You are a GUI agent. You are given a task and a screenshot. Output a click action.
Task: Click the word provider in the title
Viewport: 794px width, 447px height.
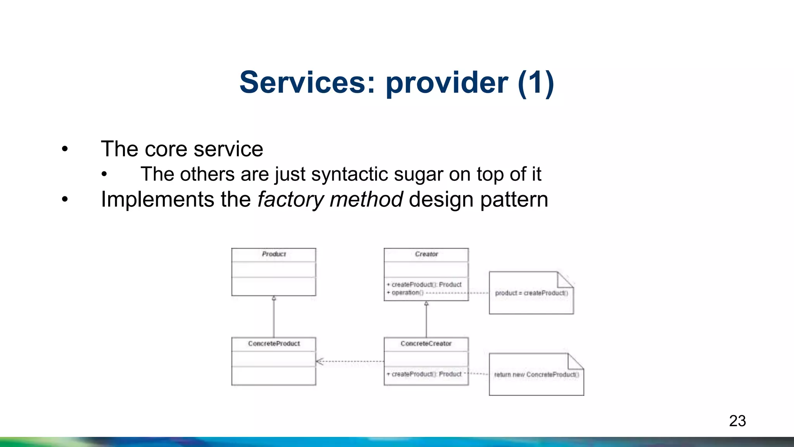[x=447, y=83]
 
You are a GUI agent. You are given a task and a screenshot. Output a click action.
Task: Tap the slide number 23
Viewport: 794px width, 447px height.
[x=737, y=421]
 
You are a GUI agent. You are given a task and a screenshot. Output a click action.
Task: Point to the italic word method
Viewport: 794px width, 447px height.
[x=366, y=199]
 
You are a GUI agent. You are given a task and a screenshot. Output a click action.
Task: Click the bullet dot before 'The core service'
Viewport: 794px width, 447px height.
[x=65, y=149]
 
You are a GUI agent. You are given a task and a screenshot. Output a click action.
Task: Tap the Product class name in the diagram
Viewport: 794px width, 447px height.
[x=274, y=254]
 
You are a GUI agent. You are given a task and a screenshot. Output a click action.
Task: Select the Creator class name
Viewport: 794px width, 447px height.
[x=426, y=254]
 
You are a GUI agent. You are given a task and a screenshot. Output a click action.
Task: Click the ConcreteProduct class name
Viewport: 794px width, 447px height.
[x=274, y=344]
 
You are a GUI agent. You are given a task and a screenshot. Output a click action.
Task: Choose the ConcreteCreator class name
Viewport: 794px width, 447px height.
[x=426, y=344]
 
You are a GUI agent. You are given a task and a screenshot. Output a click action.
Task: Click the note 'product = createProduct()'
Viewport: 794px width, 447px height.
[x=531, y=293]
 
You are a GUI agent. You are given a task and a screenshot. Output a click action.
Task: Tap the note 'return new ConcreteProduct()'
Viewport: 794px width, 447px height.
[x=536, y=374]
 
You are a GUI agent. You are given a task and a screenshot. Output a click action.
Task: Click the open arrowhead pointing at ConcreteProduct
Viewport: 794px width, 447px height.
[x=319, y=362]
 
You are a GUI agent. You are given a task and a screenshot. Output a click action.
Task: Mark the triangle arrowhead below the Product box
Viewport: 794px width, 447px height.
[x=274, y=298]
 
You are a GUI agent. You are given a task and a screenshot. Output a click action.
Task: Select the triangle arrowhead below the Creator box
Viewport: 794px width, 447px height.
[x=426, y=303]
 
